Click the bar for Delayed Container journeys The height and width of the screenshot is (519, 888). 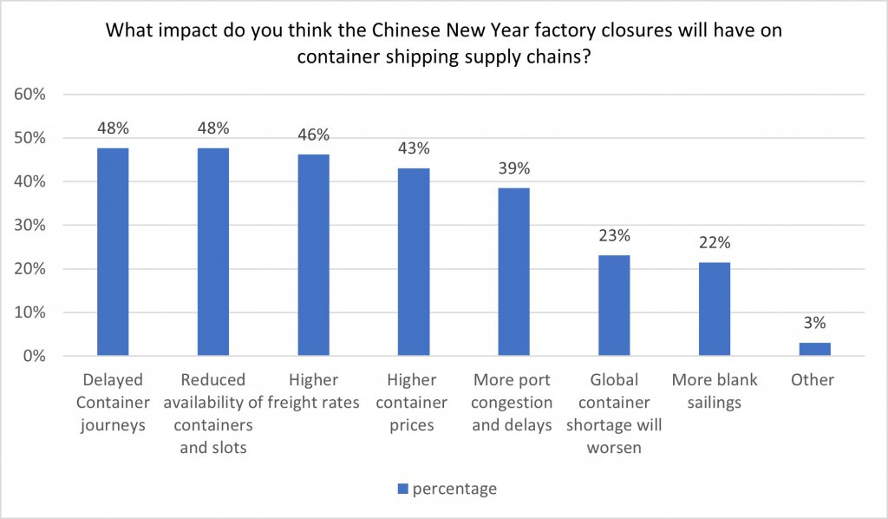[x=113, y=252]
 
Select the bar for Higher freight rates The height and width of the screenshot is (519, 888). [x=313, y=255]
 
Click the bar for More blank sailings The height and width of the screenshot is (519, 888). [x=715, y=309]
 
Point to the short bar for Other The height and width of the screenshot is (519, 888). [x=814, y=349]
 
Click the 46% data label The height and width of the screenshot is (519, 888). [x=313, y=135]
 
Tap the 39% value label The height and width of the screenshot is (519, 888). [x=513, y=168]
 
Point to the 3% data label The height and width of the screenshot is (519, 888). [x=814, y=324]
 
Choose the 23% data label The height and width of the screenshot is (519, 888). [x=614, y=235]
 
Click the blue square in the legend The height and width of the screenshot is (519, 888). [x=402, y=489]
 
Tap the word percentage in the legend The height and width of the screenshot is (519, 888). [x=454, y=489]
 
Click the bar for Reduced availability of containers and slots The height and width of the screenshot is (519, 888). [x=213, y=252]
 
